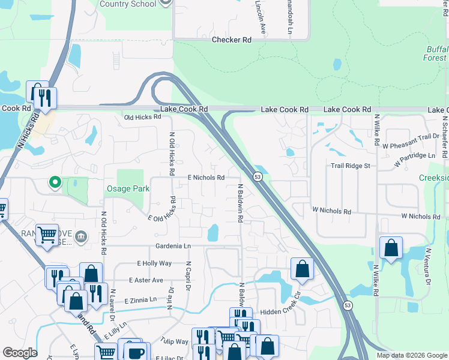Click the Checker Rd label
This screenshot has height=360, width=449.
click(231, 40)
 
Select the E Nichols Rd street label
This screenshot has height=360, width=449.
click(206, 178)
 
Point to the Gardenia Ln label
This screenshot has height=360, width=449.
click(172, 246)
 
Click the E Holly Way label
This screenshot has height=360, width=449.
click(154, 263)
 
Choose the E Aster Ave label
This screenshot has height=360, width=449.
click(146, 280)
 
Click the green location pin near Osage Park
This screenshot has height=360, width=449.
click(55, 181)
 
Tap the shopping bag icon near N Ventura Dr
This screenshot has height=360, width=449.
click(391, 248)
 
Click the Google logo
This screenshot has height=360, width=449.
click(20, 353)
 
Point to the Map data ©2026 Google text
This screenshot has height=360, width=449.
click(411, 355)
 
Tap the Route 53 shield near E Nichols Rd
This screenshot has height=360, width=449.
click(257, 178)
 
